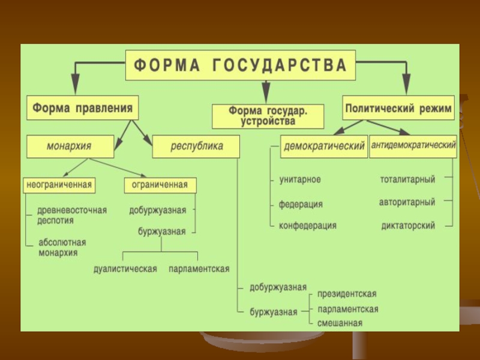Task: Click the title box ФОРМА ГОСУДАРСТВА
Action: tap(240, 65)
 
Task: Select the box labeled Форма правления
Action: tap(83, 108)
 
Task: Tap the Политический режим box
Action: tap(398, 109)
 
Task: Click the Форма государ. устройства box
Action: tap(268, 116)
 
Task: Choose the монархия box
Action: tap(70, 146)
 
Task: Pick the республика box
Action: tap(196, 146)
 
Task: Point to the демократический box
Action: tap(324, 146)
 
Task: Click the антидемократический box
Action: tap(413, 146)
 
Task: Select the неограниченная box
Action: tap(59, 185)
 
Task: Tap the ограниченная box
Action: tap(160, 185)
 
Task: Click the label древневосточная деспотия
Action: tap(71, 215)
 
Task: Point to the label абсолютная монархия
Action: tap(62, 247)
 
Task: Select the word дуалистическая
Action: tap(125, 269)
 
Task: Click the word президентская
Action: tap(347, 293)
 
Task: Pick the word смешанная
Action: tap(340, 323)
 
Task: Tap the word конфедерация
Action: tap(307, 226)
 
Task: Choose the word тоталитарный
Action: tap(407, 179)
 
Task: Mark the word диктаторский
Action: tap(408, 226)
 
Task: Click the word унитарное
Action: tap(299, 179)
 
